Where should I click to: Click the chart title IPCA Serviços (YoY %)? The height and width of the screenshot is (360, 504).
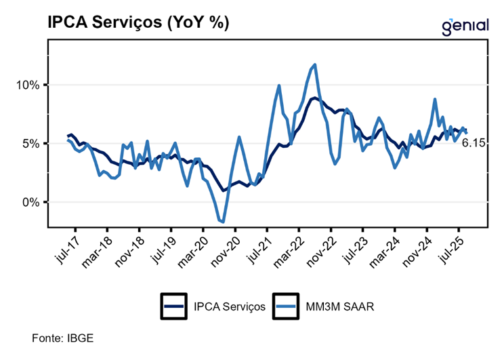(138, 22)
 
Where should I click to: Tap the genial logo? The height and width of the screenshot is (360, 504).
(465, 26)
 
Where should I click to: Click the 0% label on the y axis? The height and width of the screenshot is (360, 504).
(33, 202)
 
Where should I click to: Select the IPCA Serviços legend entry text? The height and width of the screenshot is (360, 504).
(228, 306)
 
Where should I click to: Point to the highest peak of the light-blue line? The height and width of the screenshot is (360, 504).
(315, 65)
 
